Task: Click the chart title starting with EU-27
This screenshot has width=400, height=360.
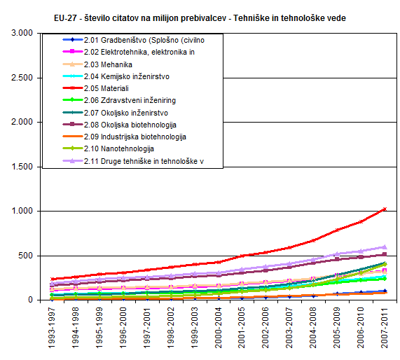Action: [200, 18]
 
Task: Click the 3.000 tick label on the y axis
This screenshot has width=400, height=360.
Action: [22, 33]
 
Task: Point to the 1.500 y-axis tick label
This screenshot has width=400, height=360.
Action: [22, 167]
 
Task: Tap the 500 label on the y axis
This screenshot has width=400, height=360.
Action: [25, 256]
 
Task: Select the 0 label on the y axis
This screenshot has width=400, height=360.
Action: [31, 300]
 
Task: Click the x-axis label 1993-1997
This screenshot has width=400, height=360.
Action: [52, 328]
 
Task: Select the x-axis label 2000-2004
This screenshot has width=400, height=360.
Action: [219, 328]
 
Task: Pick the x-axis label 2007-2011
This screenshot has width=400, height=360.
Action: [385, 328]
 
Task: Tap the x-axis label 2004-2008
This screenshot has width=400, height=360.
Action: [313, 328]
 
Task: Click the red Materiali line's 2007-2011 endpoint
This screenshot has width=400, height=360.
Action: [385, 209]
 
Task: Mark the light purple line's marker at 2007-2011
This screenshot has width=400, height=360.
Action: [385, 247]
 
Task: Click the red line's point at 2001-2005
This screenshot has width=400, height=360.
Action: [242, 256]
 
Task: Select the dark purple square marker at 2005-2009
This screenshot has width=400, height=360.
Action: [337, 259]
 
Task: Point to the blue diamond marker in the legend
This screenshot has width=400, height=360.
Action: [72, 39]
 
